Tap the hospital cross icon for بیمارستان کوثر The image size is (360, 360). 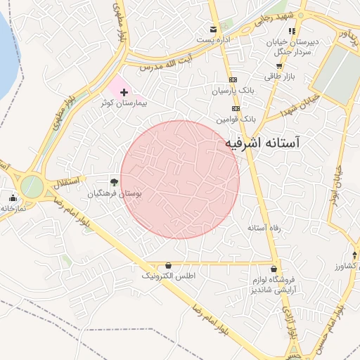pyautogui.click(x=124, y=92)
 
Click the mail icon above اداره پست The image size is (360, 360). pyautogui.click(x=212, y=29)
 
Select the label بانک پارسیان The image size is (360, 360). pyautogui.click(x=230, y=91)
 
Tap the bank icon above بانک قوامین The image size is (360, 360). pyautogui.click(x=236, y=108)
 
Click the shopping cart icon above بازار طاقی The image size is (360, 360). pyautogui.click(x=279, y=65)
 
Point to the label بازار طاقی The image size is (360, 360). pyautogui.click(x=279, y=76)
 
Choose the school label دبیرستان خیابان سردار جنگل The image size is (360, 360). pyautogui.click(x=292, y=46)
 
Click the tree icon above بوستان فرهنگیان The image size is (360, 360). pyautogui.click(x=114, y=182)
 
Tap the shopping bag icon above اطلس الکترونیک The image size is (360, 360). pyautogui.click(x=168, y=265)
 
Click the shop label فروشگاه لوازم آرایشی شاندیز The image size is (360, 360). pyautogui.click(x=274, y=285)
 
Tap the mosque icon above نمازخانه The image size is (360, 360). pyautogui.click(x=12, y=198)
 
